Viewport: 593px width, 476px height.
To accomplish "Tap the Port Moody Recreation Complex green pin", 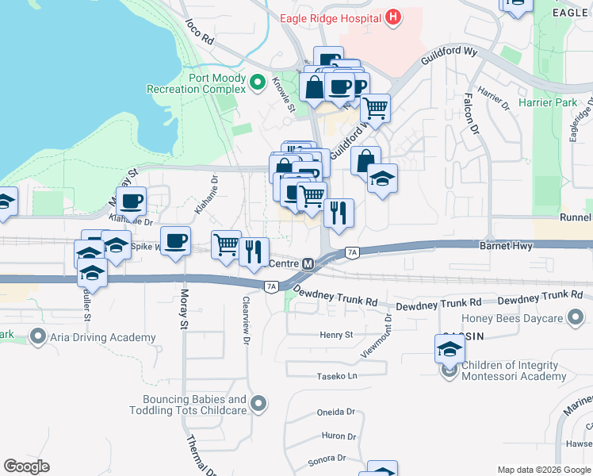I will [257, 82].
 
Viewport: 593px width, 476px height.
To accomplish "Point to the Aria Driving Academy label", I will [103, 338].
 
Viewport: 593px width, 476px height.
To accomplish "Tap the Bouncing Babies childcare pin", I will [258, 405].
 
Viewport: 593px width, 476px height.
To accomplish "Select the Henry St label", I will [336, 336].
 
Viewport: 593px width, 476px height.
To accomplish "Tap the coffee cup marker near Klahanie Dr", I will [132, 201].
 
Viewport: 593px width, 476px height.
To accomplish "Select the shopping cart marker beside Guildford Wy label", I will [376, 107].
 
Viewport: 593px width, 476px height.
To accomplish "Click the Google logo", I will [27, 466].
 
